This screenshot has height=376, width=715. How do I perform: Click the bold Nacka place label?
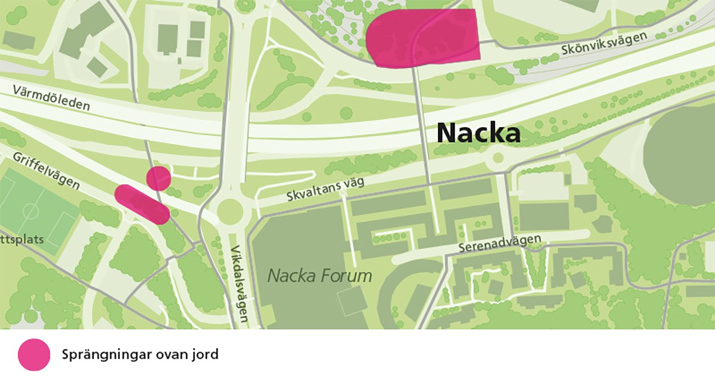pos(478,133)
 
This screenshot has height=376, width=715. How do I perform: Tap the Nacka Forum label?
pos(319,276)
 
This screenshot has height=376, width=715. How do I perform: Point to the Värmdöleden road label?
pos(52,97)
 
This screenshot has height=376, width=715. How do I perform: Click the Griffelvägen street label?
pos(45,170)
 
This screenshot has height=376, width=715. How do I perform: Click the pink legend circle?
pos(34,355)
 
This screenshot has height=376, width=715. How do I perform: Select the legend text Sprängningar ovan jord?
pos(140,355)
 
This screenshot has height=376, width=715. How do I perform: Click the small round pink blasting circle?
pos(158,178)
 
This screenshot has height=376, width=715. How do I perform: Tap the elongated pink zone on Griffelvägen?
pos(142,204)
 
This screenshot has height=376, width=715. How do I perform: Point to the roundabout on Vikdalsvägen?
pos(231,211)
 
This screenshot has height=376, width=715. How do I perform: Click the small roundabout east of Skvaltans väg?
pos(496,159)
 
